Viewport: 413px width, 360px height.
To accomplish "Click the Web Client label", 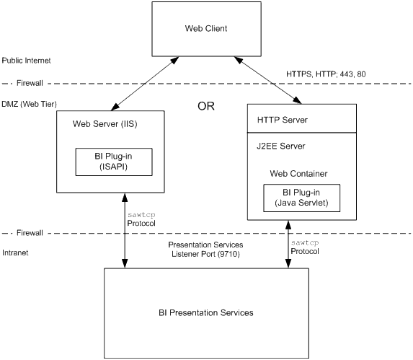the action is point(206,28).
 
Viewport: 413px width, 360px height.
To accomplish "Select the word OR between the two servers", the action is point(206,106).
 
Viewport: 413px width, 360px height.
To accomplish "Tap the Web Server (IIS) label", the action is point(105,124).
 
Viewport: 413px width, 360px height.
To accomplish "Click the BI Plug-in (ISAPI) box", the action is point(114,162).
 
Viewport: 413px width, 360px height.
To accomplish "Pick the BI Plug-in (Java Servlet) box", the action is point(301,198).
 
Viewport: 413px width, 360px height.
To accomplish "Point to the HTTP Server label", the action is point(283,120).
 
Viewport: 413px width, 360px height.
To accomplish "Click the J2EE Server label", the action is point(281,146).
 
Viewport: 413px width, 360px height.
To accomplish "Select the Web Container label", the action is point(298,174).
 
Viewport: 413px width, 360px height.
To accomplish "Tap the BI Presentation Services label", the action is point(206,312).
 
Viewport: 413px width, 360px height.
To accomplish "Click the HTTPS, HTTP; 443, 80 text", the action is point(326,74).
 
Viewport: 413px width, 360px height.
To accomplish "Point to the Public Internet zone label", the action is point(26,61).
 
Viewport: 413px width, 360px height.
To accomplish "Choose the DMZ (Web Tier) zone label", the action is point(29,104).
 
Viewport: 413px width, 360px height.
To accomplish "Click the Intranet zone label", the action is point(15,253).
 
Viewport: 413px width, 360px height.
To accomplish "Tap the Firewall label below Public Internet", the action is point(30,83).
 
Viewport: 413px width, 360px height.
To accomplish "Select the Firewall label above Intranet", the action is point(30,233).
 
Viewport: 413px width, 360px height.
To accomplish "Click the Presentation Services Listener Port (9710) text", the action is point(205,250).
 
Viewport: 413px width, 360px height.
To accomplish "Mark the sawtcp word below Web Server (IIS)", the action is point(141,215).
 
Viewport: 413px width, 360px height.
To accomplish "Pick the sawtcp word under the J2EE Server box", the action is point(305,242).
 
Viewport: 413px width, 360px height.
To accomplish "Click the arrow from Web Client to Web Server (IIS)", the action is point(145,84).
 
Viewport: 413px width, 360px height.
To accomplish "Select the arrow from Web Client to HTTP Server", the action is point(267,80).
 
